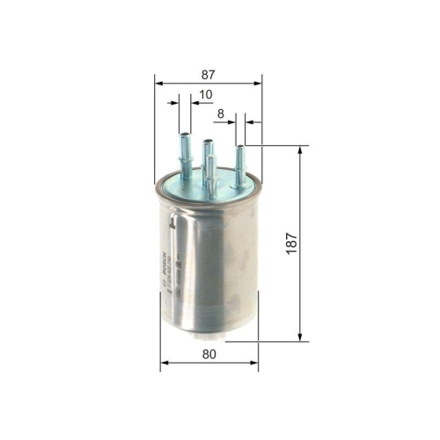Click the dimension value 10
pyautogui.click(x=205, y=94)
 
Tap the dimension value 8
pyautogui.click(x=221, y=112)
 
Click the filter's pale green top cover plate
pyautogui.click(x=207, y=186)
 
